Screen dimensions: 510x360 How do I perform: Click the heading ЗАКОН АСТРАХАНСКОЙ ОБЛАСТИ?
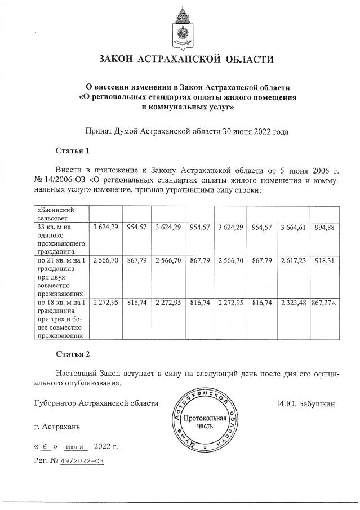[x=186, y=59]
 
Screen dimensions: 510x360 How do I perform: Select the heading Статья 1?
[x=73, y=151]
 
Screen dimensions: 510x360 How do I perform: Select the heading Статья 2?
[x=73, y=354]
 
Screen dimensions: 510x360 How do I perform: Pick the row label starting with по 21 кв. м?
[x=60, y=277]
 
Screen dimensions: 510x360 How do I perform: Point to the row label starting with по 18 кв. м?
[x=60, y=318]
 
